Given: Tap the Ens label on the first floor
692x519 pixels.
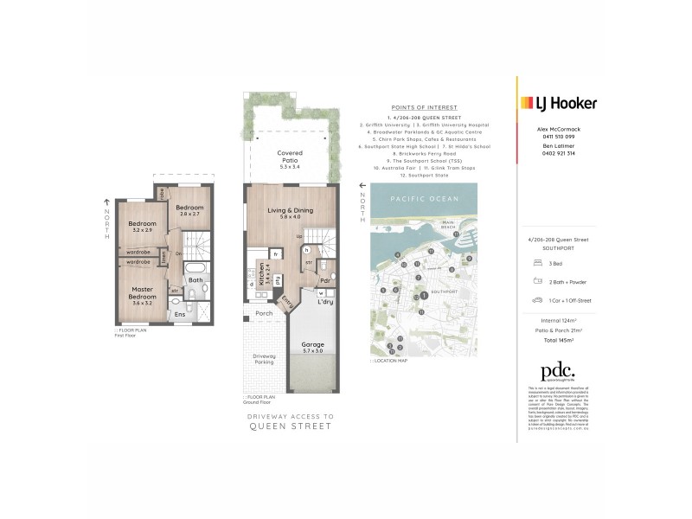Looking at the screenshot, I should [x=181, y=314].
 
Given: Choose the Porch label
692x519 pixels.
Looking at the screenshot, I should [x=263, y=313].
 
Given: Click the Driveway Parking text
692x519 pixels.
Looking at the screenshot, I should [x=265, y=359].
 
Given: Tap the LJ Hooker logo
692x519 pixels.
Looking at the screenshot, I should [x=558, y=103].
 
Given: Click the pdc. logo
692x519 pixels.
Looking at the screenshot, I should [x=558, y=372].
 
